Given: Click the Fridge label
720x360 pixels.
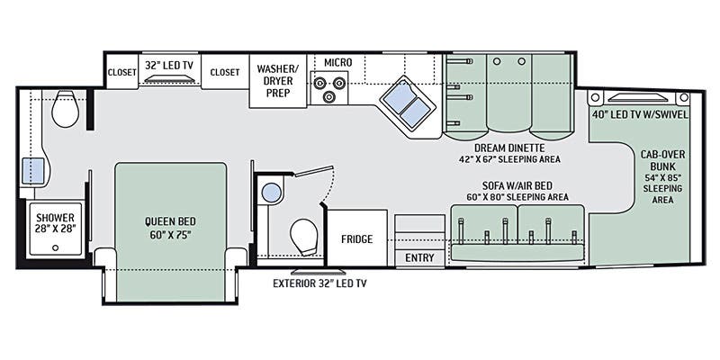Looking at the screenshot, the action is pos(356,239).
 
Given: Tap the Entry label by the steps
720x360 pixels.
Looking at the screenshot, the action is pos(419,258).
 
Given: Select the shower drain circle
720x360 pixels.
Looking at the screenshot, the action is pos(56,248).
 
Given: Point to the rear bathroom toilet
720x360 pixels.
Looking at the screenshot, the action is pos(65,109).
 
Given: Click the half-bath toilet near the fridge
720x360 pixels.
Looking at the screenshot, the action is pos(304,238).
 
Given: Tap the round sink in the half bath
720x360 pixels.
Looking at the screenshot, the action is pos(272,193).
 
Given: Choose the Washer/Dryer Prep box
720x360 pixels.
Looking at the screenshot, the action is pos(278,81).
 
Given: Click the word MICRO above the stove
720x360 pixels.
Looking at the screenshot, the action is pos(338,62).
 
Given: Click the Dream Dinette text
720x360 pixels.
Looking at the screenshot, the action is pos(509,148).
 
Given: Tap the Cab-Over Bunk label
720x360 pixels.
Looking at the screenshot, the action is pos(659,160).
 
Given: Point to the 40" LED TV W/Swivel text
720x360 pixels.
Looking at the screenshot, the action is pos(640,115).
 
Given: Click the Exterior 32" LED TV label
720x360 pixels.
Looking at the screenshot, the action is pos(319,283).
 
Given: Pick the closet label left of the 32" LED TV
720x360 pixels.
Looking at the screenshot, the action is pos(122,73).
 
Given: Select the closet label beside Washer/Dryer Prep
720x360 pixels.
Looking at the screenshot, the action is pos(225,73).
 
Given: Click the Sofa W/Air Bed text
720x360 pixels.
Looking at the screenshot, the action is pos(517,186).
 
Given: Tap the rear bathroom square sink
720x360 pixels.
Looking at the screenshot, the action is pos(34,171).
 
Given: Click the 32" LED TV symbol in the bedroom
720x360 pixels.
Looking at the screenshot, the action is pos(169,79).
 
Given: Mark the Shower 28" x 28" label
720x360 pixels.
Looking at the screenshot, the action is pos(56,222).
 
